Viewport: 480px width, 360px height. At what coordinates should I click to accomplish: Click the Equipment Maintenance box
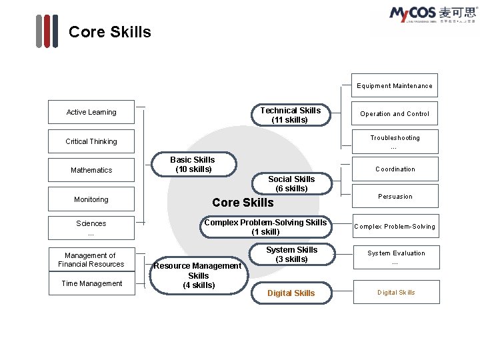click(x=395, y=85)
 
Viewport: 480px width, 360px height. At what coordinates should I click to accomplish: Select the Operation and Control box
click(x=395, y=114)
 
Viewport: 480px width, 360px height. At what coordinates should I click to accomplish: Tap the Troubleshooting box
click(x=395, y=141)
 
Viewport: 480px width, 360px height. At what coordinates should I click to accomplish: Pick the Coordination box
click(x=395, y=169)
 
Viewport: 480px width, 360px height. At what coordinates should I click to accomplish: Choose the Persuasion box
click(x=395, y=197)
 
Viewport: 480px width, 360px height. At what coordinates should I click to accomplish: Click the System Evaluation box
click(x=395, y=257)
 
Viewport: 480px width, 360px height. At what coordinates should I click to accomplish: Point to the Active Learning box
click(x=91, y=112)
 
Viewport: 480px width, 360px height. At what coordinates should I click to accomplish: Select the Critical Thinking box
click(x=91, y=141)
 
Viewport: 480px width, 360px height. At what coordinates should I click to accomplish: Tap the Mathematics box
click(x=91, y=170)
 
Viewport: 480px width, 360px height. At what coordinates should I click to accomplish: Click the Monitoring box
click(x=91, y=199)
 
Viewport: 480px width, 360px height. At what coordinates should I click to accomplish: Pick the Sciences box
click(x=91, y=227)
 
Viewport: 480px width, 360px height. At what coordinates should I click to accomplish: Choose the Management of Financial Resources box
click(x=91, y=260)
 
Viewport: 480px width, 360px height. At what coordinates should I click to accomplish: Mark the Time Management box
click(x=91, y=283)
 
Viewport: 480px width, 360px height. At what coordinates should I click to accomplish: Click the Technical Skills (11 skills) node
click(x=290, y=115)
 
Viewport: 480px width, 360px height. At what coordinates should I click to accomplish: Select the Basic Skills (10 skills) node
click(x=192, y=165)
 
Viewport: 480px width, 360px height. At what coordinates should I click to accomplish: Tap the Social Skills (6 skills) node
click(x=291, y=183)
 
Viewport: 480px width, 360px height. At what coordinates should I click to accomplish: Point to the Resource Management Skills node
click(x=198, y=275)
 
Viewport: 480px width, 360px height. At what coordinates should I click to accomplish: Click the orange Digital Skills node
click(x=291, y=293)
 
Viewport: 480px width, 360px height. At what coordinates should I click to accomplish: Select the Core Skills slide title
click(x=110, y=32)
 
